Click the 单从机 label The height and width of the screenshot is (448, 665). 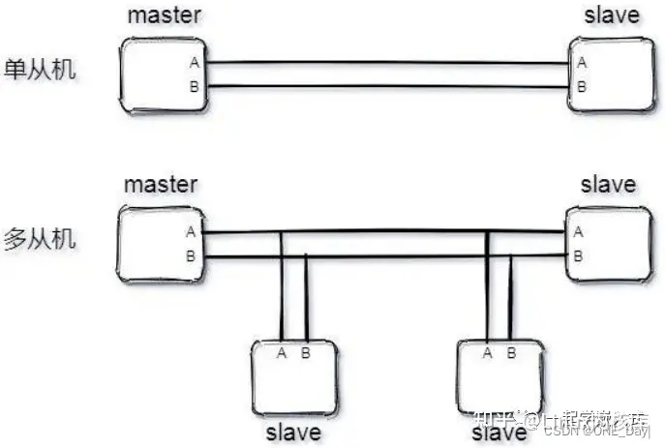tap(41, 74)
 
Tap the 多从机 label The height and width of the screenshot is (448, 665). tap(41, 239)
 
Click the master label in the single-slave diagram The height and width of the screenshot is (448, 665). tap(162, 16)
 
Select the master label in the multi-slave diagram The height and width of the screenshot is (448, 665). tap(162, 183)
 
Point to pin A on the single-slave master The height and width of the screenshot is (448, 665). tap(194, 64)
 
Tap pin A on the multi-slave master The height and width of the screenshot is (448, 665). tap(191, 232)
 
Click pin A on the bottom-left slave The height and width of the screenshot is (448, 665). tap(282, 353)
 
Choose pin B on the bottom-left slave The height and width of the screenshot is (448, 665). tap(306, 353)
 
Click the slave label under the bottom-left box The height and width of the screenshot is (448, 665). tap(292, 432)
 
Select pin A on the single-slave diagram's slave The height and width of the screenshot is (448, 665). tap(581, 64)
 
